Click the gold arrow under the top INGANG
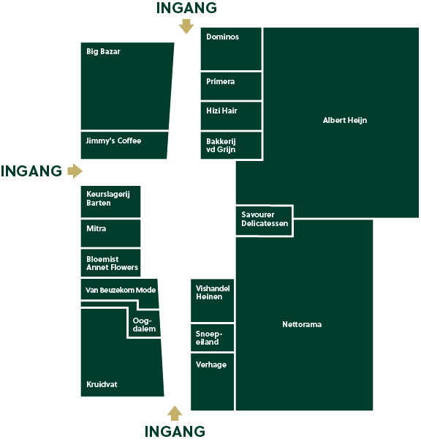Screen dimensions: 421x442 click(x=186, y=26)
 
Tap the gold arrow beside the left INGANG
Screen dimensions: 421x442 click(x=75, y=171)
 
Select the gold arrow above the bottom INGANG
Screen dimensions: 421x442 click(x=175, y=413)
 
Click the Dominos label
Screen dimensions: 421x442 click(x=222, y=37)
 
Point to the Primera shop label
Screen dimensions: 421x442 click(x=220, y=81)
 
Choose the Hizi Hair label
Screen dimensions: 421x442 click(x=221, y=110)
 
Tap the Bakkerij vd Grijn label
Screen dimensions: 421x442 click(x=221, y=146)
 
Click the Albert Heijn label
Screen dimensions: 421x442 click(x=345, y=120)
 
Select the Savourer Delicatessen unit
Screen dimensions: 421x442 click(x=264, y=221)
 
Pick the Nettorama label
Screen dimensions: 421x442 click(x=302, y=324)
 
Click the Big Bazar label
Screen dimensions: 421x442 click(x=103, y=51)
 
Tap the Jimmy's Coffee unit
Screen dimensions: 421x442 click(x=124, y=146)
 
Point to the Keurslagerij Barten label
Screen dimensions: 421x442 click(x=108, y=198)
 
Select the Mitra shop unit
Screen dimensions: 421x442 click(x=110, y=233)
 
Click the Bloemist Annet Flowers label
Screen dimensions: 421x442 click(x=112, y=263)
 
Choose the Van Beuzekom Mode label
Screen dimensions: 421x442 click(x=121, y=290)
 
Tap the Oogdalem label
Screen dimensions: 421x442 click(x=144, y=325)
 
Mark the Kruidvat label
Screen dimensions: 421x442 click(x=102, y=384)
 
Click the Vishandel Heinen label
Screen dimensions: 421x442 click(x=213, y=293)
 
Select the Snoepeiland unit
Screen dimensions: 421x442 click(x=213, y=337)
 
